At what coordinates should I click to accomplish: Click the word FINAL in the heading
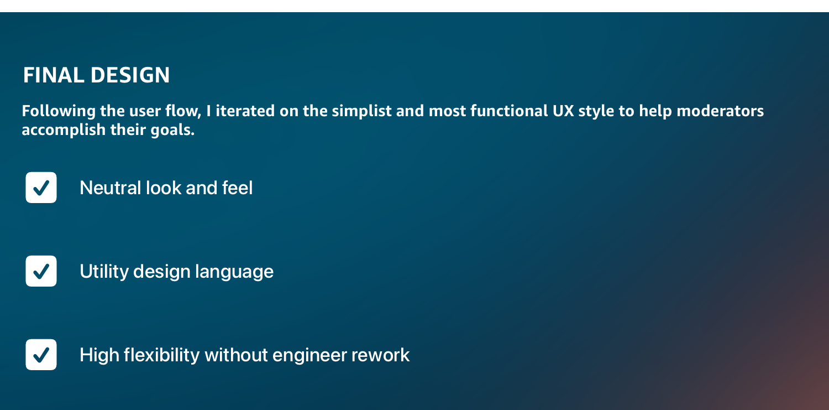pos(54,75)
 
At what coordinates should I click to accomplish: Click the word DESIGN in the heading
pos(130,75)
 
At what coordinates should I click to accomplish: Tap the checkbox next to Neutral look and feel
pos(41,188)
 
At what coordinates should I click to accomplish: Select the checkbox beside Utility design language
pos(41,271)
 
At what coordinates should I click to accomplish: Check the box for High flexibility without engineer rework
pos(41,355)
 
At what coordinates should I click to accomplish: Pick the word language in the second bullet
pos(234,272)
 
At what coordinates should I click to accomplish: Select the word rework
pos(380,355)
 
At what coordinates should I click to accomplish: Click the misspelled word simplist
pos(361,111)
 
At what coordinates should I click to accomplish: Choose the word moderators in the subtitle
pos(720,111)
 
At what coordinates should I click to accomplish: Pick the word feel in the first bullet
pos(237,188)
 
